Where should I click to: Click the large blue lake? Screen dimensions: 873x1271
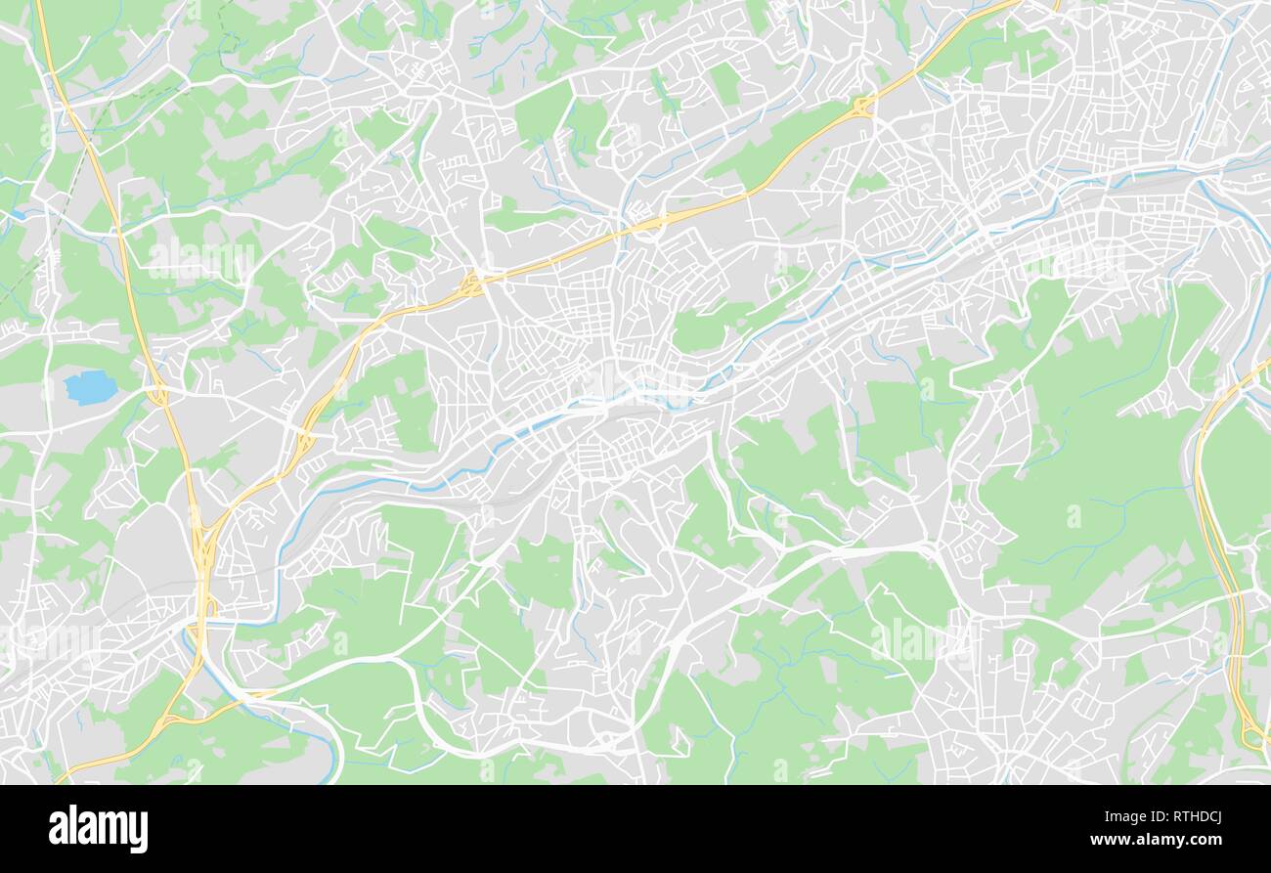tap(90, 387)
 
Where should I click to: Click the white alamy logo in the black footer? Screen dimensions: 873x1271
tap(98, 829)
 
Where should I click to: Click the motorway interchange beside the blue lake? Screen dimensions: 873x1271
tap(156, 395)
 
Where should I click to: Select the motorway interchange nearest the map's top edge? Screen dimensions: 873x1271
tap(862, 106)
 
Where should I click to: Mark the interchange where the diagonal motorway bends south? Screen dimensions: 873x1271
tap(472, 284)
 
